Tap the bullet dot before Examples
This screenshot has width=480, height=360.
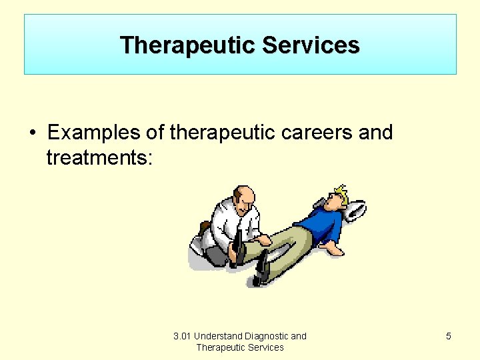(x=32, y=133)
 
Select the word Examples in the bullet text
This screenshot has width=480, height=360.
(x=93, y=133)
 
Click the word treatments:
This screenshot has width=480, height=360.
(x=99, y=158)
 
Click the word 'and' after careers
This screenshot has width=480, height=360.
(x=375, y=133)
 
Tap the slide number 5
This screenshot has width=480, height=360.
(x=448, y=336)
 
